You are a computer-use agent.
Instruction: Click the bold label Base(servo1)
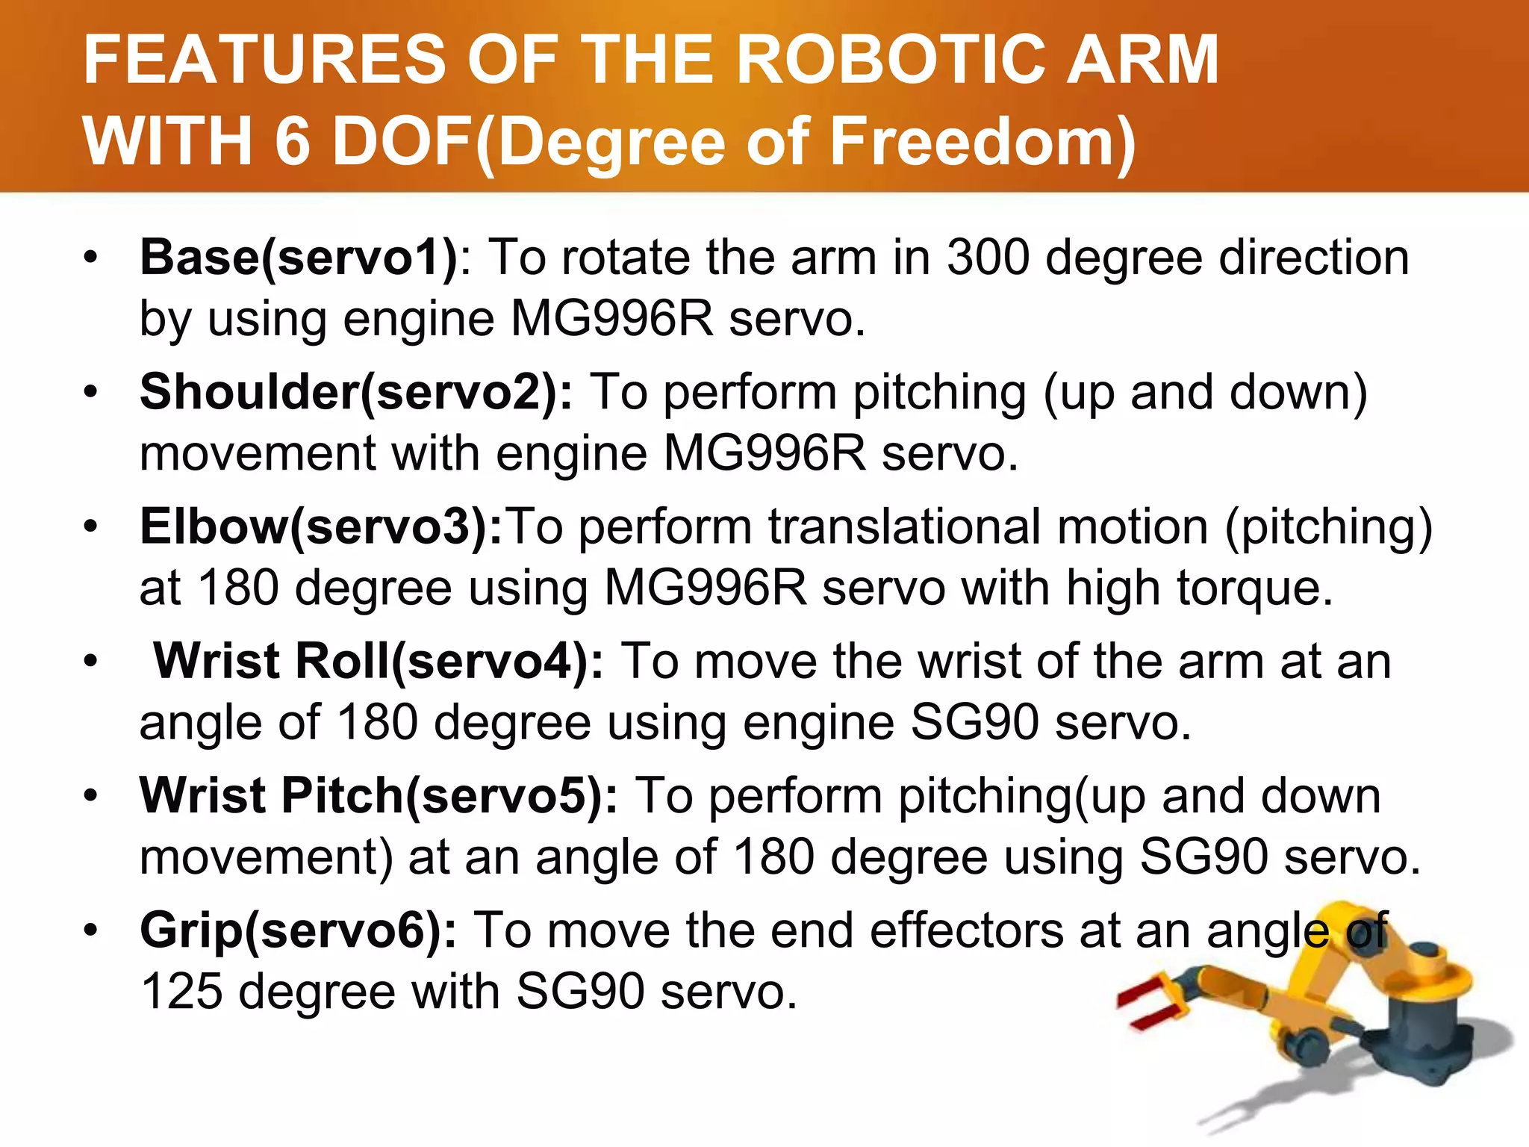point(299,258)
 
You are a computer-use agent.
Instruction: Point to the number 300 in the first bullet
point(988,258)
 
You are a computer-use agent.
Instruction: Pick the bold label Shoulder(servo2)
point(355,393)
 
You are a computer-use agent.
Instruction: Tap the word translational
point(904,527)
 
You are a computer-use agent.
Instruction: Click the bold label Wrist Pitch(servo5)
point(379,796)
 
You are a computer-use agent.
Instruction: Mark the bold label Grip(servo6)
point(298,931)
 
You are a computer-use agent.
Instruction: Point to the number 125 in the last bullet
point(181,992)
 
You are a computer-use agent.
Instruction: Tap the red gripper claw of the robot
point(1150,1004)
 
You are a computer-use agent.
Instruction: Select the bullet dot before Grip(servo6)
point(91,931)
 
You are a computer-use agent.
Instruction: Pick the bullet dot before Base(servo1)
point(91,258)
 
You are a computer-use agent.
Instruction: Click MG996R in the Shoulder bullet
point(764,454)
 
